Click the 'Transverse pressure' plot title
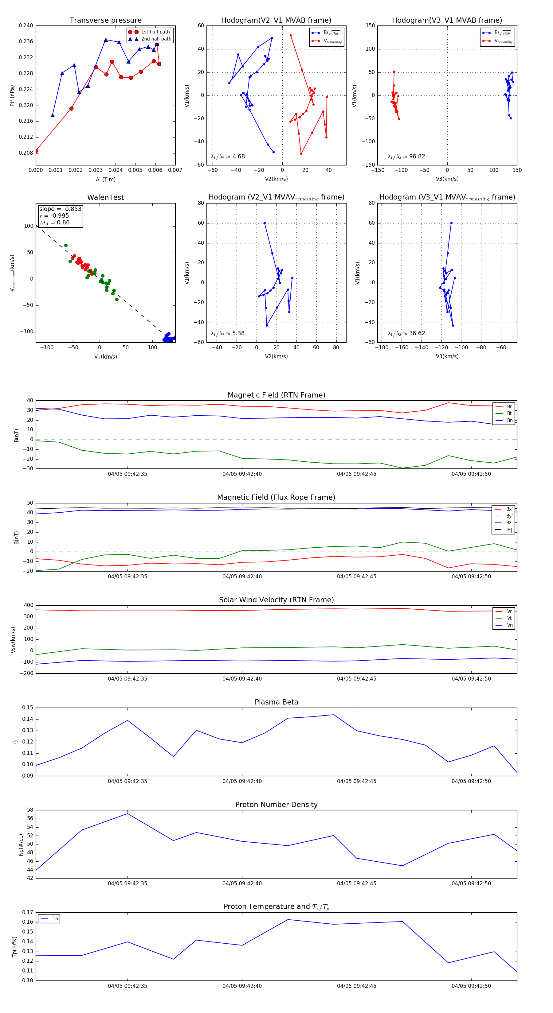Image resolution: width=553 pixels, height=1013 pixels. coord(105,21)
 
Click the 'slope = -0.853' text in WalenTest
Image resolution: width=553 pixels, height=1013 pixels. coord(60,209)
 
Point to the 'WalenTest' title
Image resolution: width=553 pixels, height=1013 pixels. coord(105,197)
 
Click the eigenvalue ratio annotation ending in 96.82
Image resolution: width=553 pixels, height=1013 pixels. coord(406,157)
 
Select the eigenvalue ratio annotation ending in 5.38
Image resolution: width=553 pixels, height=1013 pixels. coord(227,333)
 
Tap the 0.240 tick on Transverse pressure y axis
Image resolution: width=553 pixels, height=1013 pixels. coord(26,25)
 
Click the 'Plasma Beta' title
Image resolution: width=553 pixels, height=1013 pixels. coord(276,702)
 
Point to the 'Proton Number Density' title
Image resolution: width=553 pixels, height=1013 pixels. coord(276,805)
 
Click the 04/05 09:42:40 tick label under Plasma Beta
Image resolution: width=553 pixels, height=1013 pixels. coord(242,781)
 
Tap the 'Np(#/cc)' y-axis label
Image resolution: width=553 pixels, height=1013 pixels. coord(21,844)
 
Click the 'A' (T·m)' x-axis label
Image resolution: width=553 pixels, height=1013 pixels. coord(105,180)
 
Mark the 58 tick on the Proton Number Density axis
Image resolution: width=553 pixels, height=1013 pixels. coord(30,810)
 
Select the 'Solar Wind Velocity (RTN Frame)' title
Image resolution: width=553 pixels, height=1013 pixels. coord(276,600)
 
